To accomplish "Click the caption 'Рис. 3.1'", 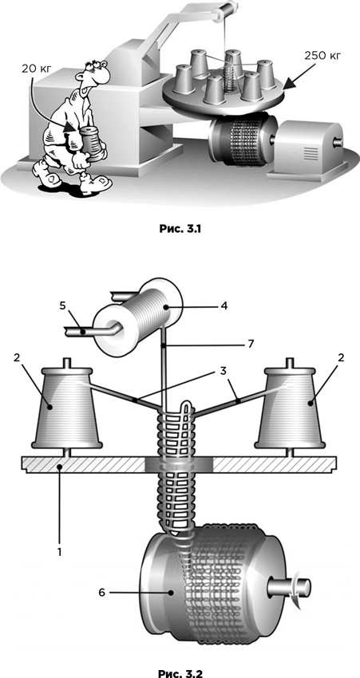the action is pyautogui.click(x=180, y=230).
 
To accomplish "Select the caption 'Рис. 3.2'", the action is pyautogui.click(x=180, y=673).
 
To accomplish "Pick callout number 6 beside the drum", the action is pyautogui.click(x=101, y=593).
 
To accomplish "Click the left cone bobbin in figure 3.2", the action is pyautogui.click(x=68, y=407).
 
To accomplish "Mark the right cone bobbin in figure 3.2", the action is pyautogui.click(x=290, y=407).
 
